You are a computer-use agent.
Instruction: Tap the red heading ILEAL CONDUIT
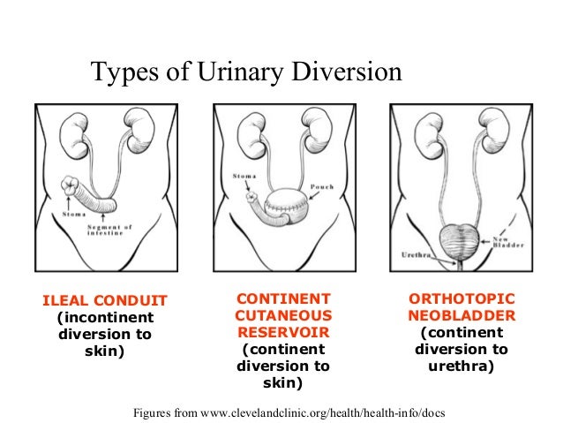click(105, 301)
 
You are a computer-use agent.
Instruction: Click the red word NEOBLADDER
click(462, 315)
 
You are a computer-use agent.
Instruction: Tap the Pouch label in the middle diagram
click(321, 188)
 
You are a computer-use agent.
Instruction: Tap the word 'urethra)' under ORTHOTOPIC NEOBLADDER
click(462, 365)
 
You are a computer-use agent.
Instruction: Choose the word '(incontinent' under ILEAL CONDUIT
click(105, 318)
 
